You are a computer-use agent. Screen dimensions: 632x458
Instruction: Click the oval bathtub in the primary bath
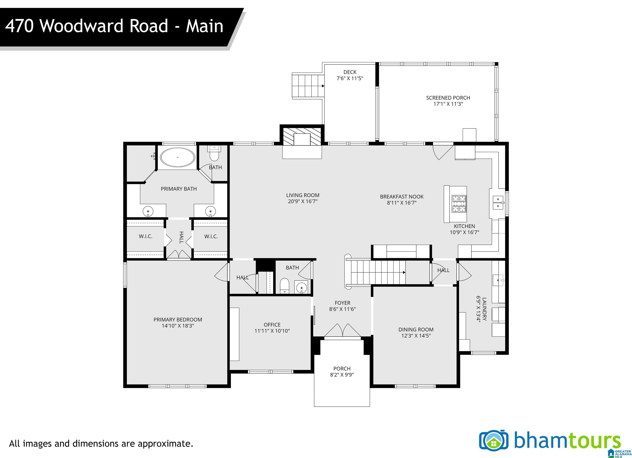coord(178,157)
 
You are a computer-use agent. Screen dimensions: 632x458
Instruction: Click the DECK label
coord(350,72)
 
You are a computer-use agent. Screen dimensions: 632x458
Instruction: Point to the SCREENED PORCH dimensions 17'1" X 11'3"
coord(448,104)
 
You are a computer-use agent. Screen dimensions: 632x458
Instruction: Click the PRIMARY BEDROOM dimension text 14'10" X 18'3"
coord(178,326)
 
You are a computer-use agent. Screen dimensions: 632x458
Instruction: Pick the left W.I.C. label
coord(145,236)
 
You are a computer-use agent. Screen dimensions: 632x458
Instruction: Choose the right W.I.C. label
coord(211,236)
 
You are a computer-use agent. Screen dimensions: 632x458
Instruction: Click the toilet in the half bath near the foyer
coord(285,286)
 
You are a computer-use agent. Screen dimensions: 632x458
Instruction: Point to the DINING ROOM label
coord(416,330)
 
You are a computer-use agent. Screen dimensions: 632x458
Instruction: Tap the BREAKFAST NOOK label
coord(402,197)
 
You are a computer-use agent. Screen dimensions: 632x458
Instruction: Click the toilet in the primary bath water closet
coord(214,154)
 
